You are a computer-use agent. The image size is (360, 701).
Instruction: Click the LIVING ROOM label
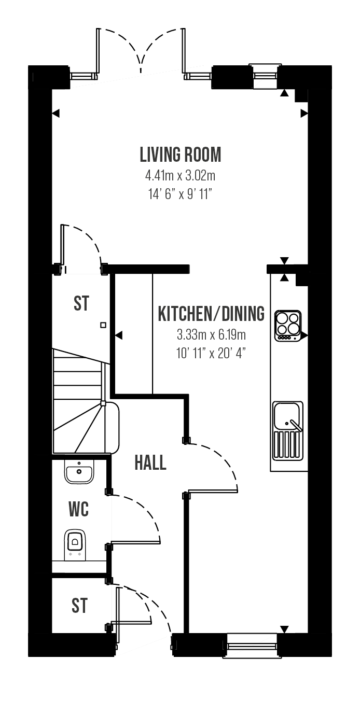[x=181, y=155]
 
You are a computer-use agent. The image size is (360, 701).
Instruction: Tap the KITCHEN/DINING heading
[x=211, y=314]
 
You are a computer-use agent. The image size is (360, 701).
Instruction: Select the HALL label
[x=150, y=463]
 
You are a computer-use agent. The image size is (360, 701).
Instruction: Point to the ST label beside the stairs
[x=81, y=303]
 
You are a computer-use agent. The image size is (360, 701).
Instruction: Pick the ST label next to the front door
[x=79, y=606]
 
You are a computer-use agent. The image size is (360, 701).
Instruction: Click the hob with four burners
[x=288, y=326]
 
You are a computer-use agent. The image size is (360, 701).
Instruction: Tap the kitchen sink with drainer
[x=288, y=431]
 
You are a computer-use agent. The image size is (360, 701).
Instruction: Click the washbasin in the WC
[x=79, y=472]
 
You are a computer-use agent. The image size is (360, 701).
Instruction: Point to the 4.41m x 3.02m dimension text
[x=180, y=176]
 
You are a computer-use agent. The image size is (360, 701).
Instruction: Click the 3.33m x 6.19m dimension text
[x=211, y=335]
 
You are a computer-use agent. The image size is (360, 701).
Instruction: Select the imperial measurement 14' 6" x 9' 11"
[x=180, y=194]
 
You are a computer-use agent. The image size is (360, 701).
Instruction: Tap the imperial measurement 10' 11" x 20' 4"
[x=211, y=354]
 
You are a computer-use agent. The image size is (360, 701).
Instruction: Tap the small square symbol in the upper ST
[x=103, y=325]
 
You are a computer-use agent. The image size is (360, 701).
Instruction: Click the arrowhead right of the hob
[x=304, y=335]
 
